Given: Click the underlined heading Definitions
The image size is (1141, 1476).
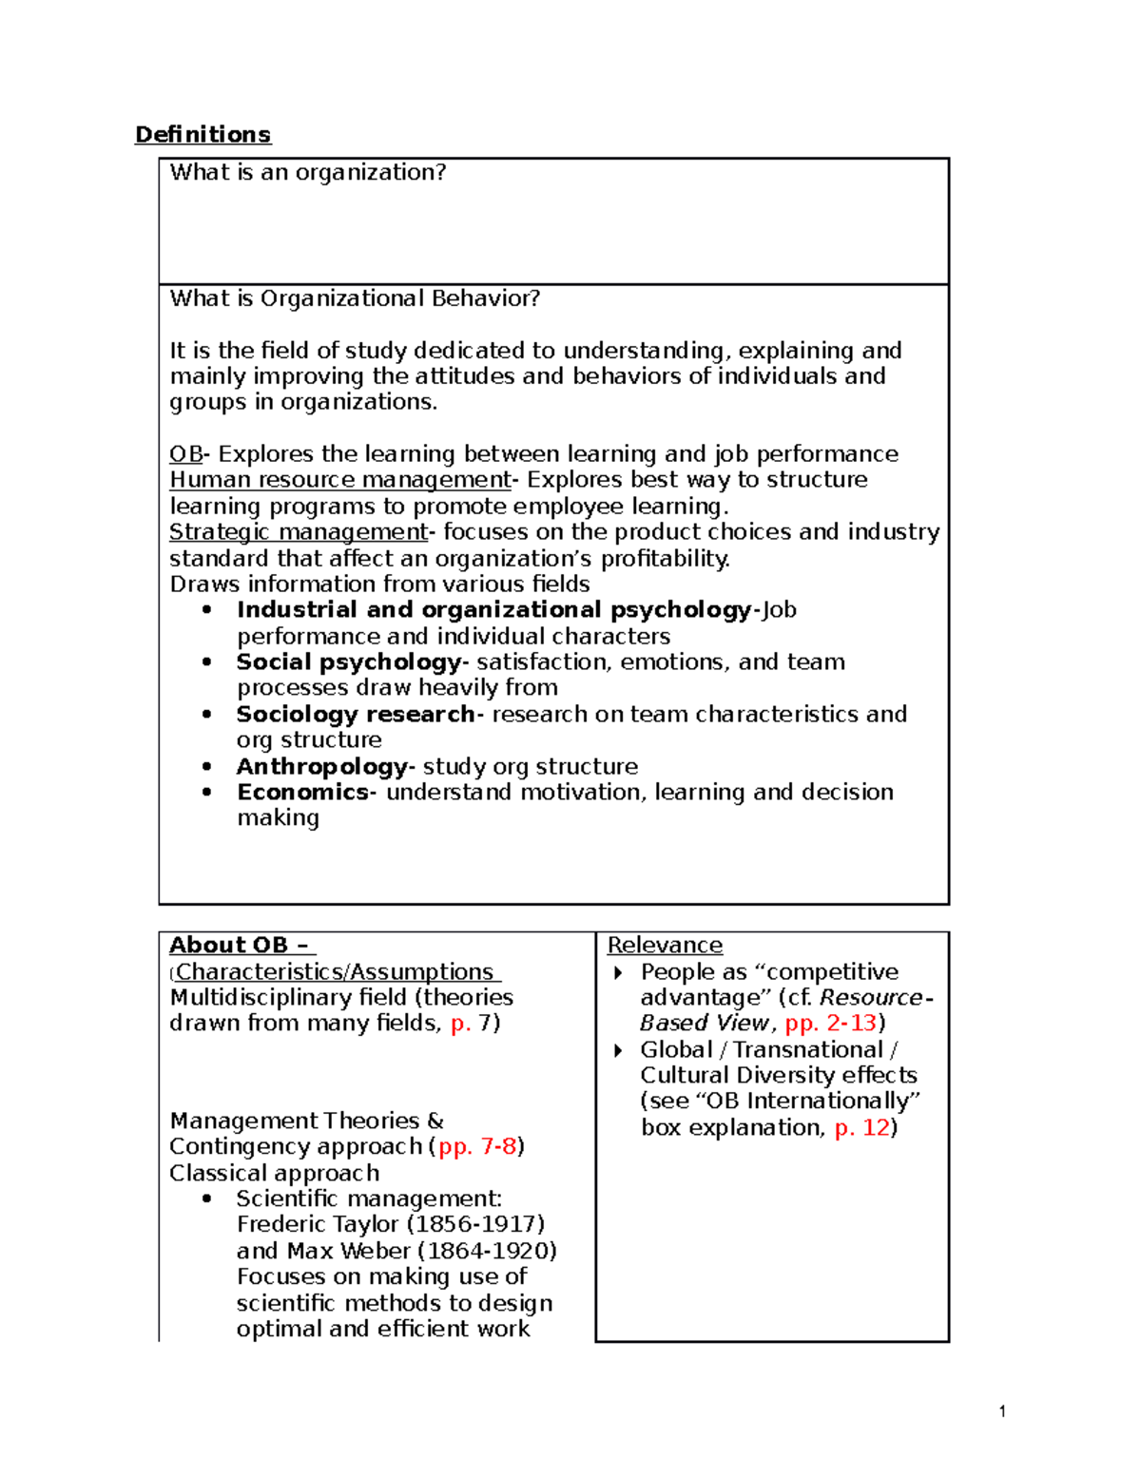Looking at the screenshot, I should tap(203, 135).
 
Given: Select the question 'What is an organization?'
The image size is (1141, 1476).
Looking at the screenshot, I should tap(307, 172).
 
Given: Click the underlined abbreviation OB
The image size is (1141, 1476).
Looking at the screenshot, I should tap(185, 454).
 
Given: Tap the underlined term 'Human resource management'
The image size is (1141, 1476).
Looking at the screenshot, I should tap(340, 480).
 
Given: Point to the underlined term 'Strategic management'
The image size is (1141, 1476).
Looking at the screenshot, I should tap(299, 532).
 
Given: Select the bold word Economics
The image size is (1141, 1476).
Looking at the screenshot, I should tap(302, 793).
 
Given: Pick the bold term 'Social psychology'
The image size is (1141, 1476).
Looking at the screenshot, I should tap(348, 662).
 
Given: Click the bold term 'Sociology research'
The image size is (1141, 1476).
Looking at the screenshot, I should tap(355, 715).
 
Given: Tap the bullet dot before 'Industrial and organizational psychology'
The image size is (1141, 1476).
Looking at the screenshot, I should tap(207, 610).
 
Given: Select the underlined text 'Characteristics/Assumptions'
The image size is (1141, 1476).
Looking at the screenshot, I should tap(335, 972).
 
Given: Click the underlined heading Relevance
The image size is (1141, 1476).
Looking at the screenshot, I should tap(665, 946).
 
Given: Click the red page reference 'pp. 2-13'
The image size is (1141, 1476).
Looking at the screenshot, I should tap(830, 1024).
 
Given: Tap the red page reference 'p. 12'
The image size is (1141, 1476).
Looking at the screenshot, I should tap(861, 1128).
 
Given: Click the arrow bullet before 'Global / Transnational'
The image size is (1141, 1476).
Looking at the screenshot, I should tap(619, 1050).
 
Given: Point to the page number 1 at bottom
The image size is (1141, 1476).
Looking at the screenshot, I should tap(1002, 1411).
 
